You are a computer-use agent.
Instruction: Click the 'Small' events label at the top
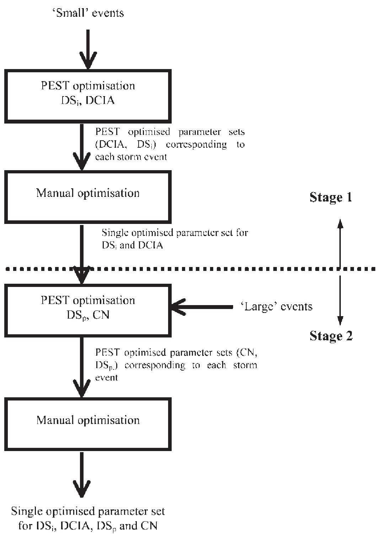click(88, 13)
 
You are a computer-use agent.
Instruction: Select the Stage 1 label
click(331, 197)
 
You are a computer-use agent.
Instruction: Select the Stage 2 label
click(331, 336)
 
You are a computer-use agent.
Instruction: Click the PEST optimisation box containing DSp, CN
click(88, 308)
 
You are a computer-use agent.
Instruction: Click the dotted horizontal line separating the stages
click(213, 269)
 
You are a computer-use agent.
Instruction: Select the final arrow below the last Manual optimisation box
click(82, 475)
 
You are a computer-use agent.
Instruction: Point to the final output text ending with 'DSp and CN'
click(88, 519)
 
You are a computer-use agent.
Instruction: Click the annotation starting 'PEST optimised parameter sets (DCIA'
click(170, 144)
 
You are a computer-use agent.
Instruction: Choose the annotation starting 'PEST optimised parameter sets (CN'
click(176, 365)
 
